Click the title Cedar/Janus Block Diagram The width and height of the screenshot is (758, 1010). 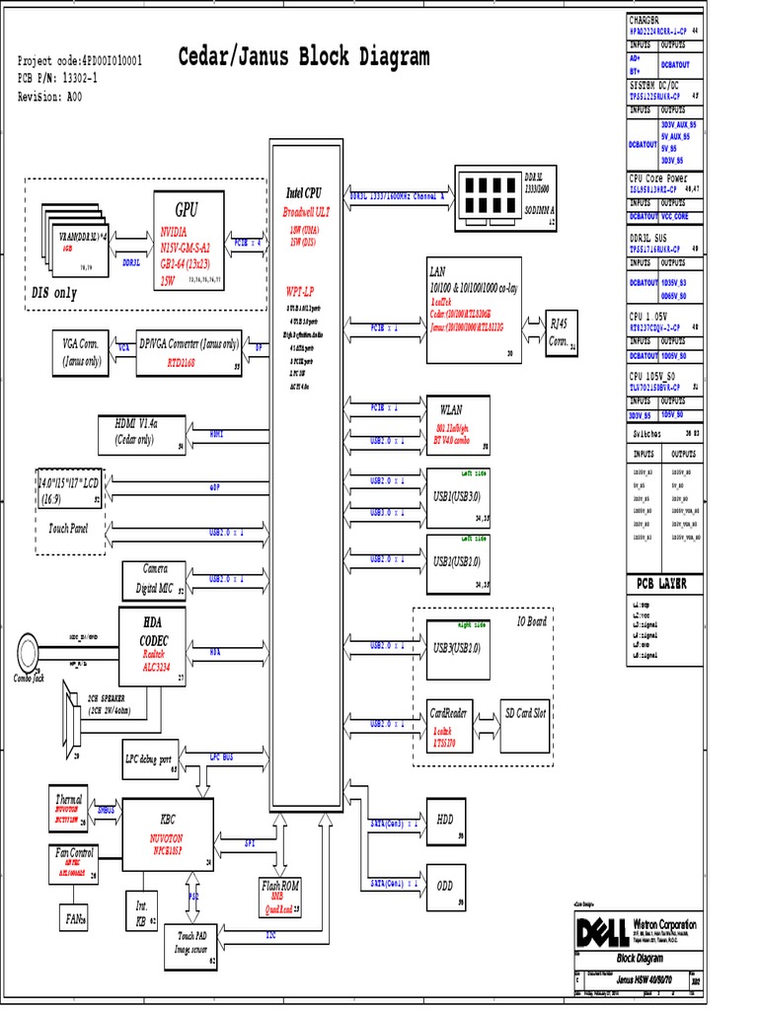click(x=303, y=57)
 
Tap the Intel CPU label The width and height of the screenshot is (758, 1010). click(x=304, y=193)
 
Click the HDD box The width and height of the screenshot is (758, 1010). click(x=445, y=820)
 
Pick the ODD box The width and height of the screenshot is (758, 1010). click(x=445, y=886)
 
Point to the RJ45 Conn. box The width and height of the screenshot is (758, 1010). click(x=561, y=334)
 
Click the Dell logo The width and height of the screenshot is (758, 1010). click(x=601, y=930)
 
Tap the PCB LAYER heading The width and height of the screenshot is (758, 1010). click(x=660, y=584)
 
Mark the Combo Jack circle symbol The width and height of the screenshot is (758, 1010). click(x=29, y=648)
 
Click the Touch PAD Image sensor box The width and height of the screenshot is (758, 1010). click(x=191, y=941)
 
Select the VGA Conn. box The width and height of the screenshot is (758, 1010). click(x=82, y=353)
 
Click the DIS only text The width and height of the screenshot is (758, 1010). click(x=55, y=293)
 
